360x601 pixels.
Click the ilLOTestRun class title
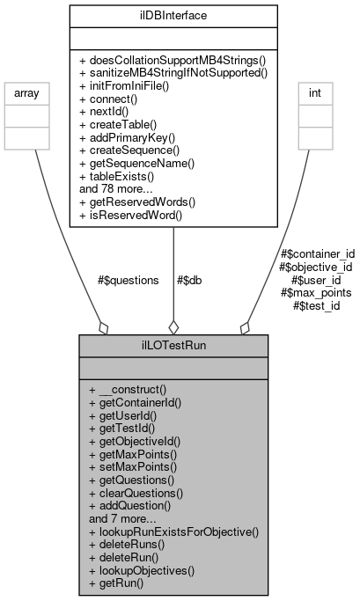point(173,346)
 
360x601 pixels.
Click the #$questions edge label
point(129,280)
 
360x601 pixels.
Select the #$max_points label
point(316,292)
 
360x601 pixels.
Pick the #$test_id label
point(316,305)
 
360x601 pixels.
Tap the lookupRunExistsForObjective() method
point(173,531)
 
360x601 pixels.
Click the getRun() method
point(121,583)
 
